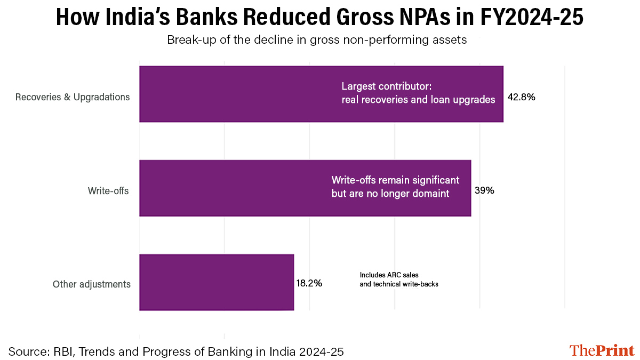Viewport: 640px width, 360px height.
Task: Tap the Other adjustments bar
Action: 217,282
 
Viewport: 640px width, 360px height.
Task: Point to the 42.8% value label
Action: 521,98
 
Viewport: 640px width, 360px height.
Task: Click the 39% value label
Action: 484,190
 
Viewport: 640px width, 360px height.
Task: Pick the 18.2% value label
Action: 309,283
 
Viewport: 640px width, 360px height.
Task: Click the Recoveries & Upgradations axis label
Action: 73,97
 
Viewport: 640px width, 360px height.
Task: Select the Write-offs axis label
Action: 108,190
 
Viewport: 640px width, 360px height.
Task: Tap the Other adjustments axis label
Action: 91,284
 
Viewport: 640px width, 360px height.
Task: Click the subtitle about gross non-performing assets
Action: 317,41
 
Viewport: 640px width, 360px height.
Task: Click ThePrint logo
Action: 602,350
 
